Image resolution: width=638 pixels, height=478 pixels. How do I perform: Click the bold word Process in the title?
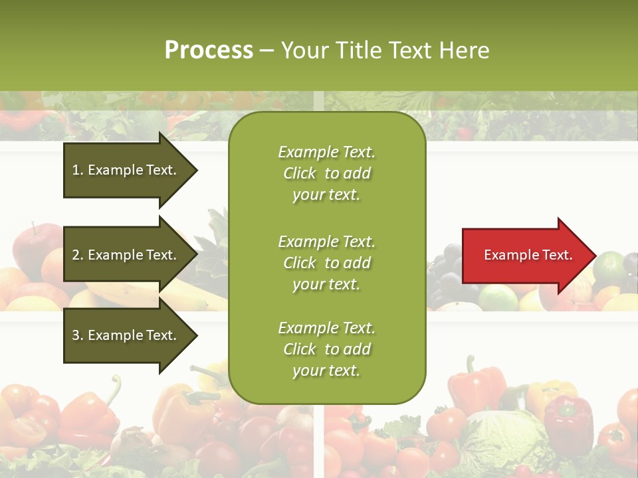(x=209, y=50)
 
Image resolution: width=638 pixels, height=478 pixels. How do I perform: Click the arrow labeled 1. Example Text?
(x=126, y=170)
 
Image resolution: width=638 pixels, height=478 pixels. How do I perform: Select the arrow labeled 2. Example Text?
(x=126, y=255)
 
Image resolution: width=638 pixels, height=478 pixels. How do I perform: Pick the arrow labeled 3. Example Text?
(x=126, y=335)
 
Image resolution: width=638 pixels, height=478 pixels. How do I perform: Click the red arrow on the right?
(x=525, y=255)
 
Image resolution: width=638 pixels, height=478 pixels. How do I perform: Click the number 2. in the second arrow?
(x=78, y=255)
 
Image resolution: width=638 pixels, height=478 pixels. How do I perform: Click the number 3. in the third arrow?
(x=78, y=335)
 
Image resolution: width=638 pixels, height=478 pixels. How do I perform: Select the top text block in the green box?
(x=326, y=173)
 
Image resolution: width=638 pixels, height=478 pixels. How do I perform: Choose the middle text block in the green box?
(x=326, y=263)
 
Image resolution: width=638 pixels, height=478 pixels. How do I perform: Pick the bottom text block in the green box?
(x=326, y=349)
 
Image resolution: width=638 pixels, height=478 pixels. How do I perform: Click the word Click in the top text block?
(x=299, y=173)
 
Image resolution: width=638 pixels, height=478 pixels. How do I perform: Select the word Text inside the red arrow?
(x=558, y=255)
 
